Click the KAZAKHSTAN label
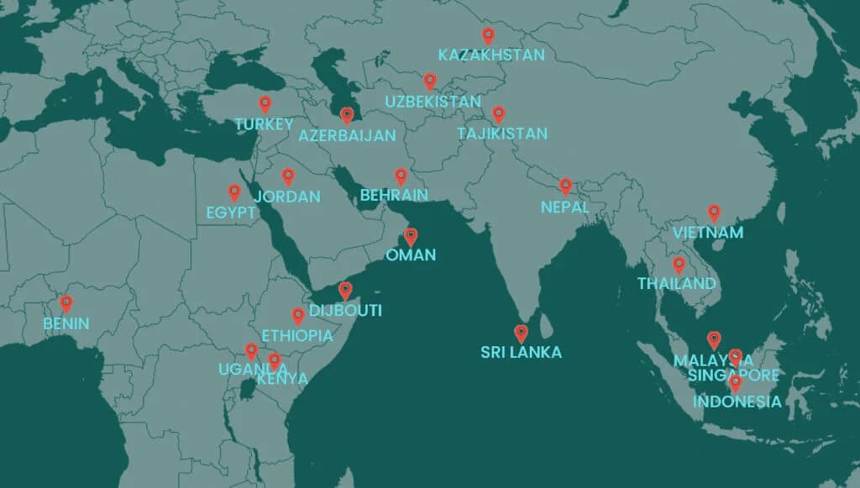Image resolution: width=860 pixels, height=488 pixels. pos(491,55)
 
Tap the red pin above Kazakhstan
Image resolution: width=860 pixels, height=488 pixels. pos(488,35)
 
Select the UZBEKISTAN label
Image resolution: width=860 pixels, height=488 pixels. pos(433,102)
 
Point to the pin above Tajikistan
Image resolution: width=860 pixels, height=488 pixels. pos(498,113)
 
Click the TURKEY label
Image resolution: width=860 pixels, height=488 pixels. pos(264,124)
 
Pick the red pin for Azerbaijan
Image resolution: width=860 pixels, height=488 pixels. pos(347,115)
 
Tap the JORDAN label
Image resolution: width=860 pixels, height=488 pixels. pos(287,197)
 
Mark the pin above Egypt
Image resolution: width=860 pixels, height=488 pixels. pos(234,192)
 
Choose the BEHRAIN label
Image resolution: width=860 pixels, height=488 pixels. pos(394,196)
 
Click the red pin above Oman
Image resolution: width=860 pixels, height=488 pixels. pos(411,236)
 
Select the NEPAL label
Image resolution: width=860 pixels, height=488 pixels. pos(564,207)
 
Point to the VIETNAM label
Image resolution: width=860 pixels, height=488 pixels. pos(708,233)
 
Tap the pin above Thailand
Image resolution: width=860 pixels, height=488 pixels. pos(679,265)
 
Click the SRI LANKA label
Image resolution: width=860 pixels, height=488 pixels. pos(521,353)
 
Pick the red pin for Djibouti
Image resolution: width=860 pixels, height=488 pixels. pos(344,290)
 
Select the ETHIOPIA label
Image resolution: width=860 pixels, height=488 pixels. pos(296,336)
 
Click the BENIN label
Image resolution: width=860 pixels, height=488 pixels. pos(66,323)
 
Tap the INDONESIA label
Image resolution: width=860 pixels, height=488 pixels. pos(737,402)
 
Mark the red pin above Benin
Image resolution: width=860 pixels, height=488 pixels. pos(66,303)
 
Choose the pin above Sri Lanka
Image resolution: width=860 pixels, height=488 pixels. pos(521,333)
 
